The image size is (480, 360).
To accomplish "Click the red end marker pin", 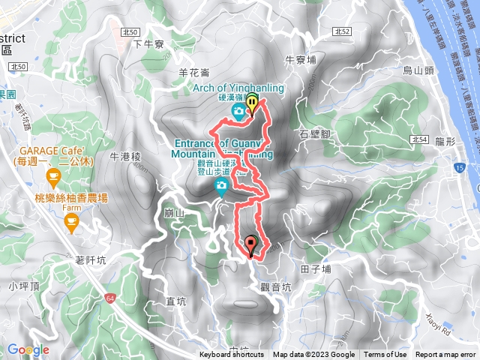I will [x=250, y=244].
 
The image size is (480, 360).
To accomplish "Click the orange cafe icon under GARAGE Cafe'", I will [x=53, y=177].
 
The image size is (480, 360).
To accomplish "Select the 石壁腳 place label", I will [x=314, y=134].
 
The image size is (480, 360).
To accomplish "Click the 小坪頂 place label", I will [x=24, y=285].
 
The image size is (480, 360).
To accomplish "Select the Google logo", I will [x=28, y=349].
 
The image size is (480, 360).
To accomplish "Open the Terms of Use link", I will [x=386, y=355].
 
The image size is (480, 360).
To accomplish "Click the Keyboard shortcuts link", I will [x=232, y=355].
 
